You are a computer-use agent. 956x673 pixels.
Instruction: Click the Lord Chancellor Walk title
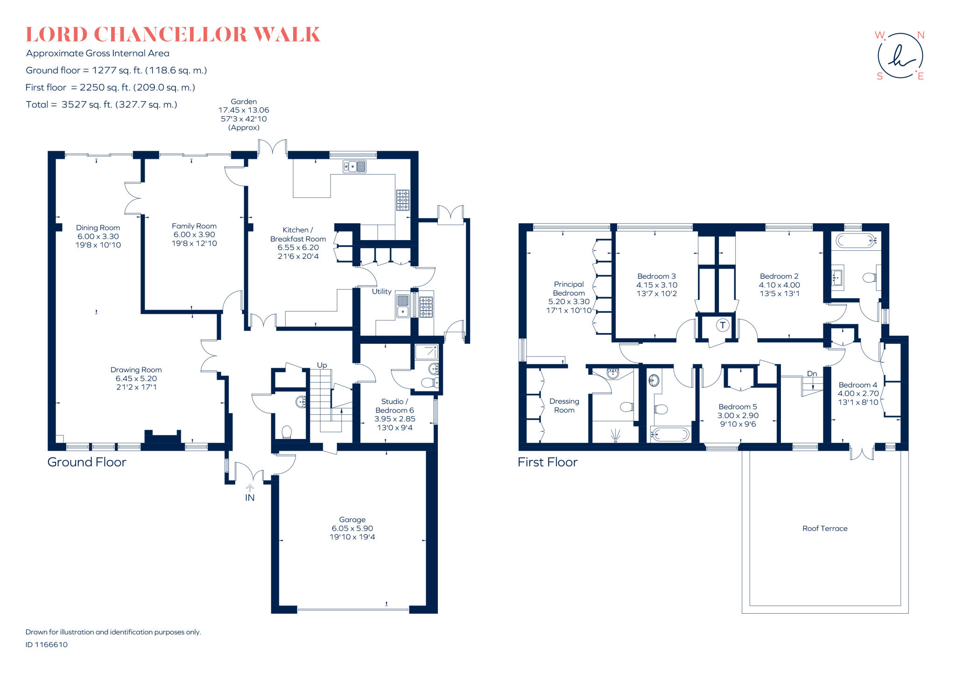click(x=173, y=35)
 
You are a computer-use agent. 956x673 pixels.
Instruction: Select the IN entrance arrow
click(x=250, y=489)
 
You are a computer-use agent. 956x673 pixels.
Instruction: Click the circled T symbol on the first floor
click(x=723, y=325)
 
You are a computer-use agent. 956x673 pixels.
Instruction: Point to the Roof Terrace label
click(x=825, y=528)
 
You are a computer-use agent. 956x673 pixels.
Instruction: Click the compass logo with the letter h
click(x=900, y=56)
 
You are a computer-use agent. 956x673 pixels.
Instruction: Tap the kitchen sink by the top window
click(x=355, y=166)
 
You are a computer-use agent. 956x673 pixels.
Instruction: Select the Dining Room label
click(x=98, y=236)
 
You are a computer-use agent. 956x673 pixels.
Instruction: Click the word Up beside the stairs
click(x=322, y=365)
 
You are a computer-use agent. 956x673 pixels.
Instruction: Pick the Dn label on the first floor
click(x=812, y=374)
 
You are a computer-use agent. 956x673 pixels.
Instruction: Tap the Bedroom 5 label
click(x=738, y=415)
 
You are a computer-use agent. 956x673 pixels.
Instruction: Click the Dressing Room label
click(x=564, y=405)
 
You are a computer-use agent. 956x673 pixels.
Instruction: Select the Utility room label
click(x=381, y=291)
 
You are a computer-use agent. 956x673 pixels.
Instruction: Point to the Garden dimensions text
click(x=244, y=114)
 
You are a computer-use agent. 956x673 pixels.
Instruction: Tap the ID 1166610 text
click(x=47, y=645)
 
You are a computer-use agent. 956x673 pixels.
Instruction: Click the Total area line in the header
click(x=102, y=105)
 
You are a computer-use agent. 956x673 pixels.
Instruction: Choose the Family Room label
click(x=194, y=234)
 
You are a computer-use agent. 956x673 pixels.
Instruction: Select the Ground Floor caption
click(x=87, y=462)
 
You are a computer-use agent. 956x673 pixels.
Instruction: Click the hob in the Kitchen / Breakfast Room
click(x=403, y=200)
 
